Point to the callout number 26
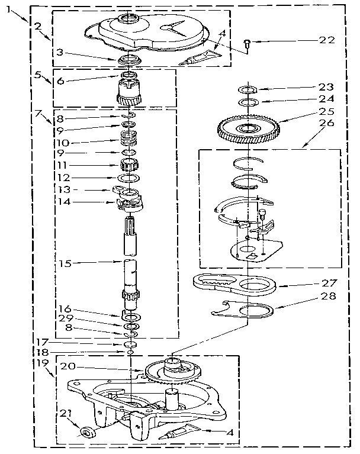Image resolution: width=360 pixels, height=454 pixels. tap(326, 123)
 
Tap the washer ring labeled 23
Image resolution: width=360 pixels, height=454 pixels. tap(247, 90)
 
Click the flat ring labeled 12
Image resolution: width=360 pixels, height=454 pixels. tap(130, 178)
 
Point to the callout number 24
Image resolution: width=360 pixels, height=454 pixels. tap(326, 99)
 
